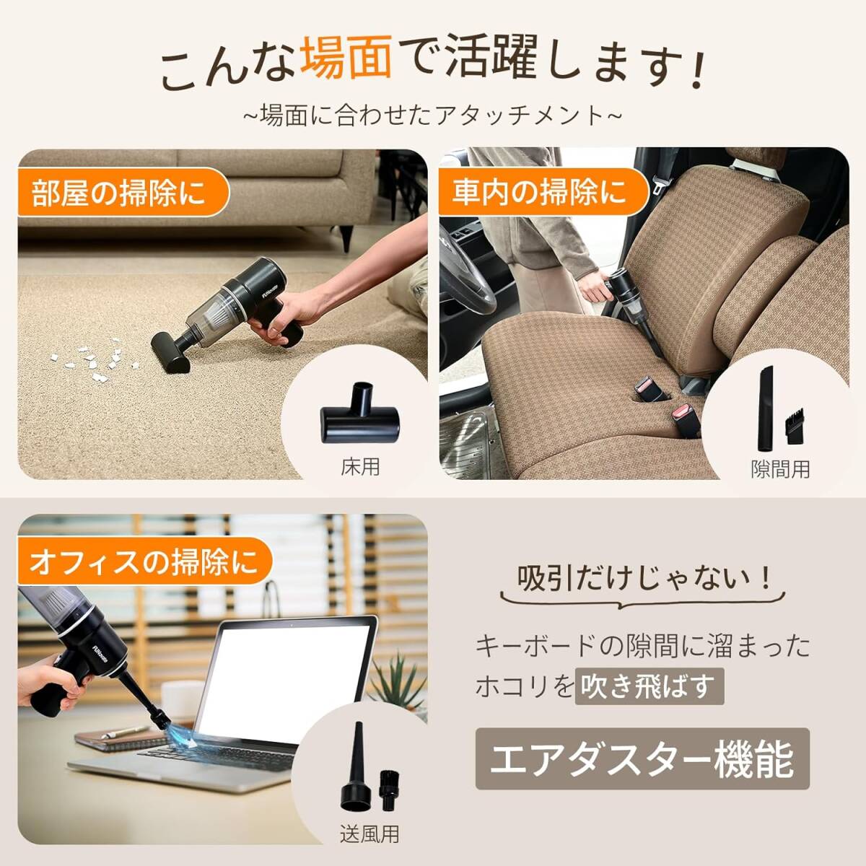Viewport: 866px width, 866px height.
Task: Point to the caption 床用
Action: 360,467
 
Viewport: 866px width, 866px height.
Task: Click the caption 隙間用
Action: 780,469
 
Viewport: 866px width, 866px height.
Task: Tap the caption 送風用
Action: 369,834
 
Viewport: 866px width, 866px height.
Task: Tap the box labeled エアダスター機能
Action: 642,759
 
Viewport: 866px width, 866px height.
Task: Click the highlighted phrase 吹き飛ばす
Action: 649,686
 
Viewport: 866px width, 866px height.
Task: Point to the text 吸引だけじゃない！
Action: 644,579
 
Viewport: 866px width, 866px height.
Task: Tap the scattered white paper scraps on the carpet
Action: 94,359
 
